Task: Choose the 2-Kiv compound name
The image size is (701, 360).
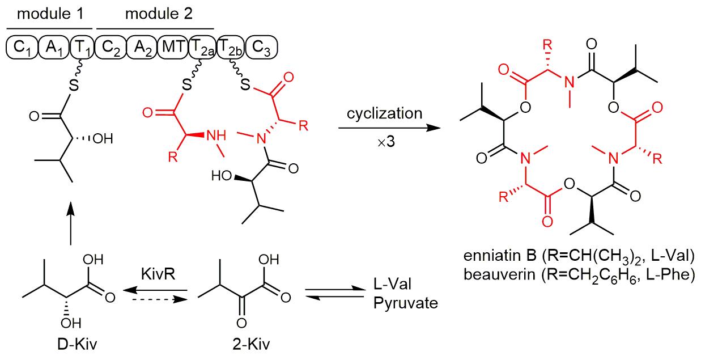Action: click(238, 346)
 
